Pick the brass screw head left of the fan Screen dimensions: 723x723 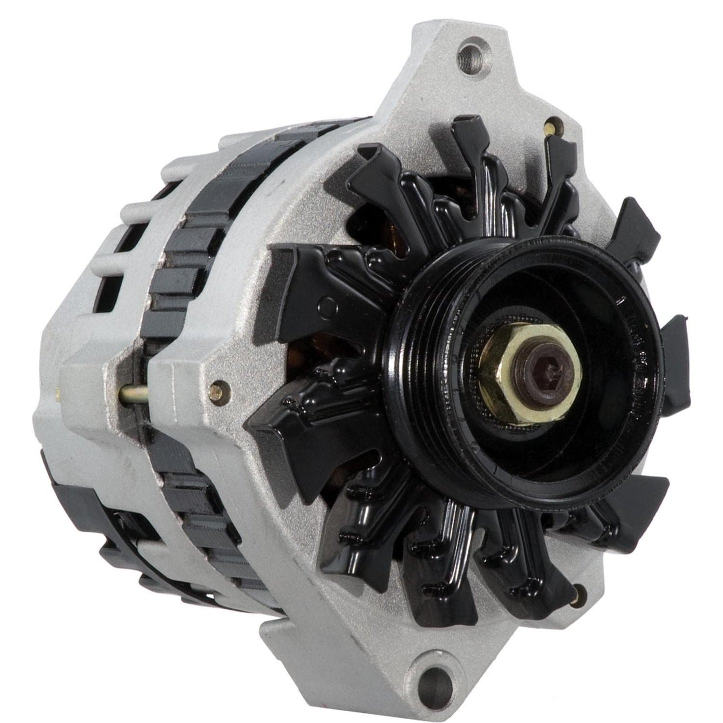[217, 387]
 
